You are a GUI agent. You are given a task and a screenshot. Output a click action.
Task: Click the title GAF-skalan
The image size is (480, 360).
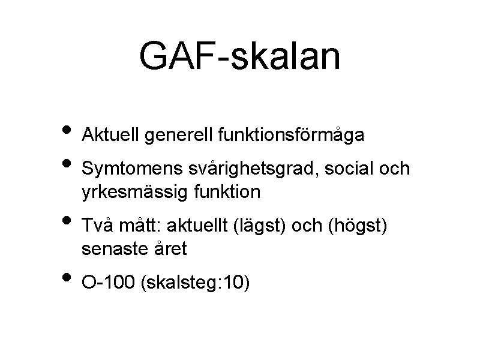pyautogui.click(x=239, y=56)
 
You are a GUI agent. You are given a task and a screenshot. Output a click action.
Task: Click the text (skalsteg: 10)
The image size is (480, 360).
pyautogui.click(x=193, y=282)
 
